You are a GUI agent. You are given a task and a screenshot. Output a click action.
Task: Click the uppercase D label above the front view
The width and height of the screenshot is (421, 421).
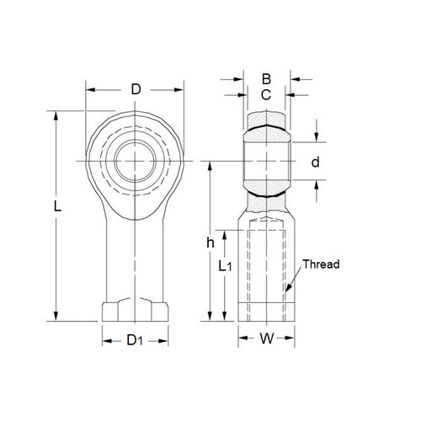click(x=136, y=88)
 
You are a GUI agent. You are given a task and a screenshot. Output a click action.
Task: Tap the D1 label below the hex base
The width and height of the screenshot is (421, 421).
click(x=135, y=341)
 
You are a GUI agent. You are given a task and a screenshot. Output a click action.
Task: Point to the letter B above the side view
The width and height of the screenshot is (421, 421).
click(x=265, y=82)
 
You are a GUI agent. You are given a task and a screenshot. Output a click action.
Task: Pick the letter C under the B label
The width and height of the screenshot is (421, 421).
click(x=265, y=95)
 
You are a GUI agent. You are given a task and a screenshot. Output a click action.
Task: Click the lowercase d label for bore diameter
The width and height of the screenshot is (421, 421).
click(x=316, y=162)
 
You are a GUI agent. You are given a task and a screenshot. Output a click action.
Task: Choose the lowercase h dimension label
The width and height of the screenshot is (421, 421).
click(x=210, y=243)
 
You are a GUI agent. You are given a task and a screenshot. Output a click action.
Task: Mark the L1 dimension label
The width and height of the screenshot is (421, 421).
click(x=225, y=267)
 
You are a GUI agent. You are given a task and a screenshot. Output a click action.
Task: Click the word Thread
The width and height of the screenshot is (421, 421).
click(x=321, y=264)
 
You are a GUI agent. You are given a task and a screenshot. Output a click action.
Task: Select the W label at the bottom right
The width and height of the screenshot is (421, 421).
click(x=266, y=341)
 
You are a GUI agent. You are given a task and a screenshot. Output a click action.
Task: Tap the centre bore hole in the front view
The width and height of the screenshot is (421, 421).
click(x=136, y=160)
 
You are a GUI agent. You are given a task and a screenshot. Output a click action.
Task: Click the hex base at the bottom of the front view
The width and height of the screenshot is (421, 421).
click(x=135, y=311)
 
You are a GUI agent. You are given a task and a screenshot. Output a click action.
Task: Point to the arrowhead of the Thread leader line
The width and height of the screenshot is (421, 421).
click(x=286, y=294)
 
